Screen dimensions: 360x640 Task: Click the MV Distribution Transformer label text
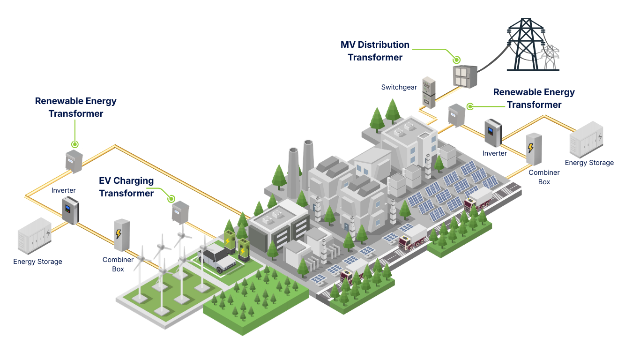pyautogui.click(x=375, y=51)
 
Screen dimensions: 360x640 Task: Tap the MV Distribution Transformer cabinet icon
pyautogui.click(x=464, y=75)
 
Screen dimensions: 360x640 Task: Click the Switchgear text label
pyautogui.click(x=399, y=87)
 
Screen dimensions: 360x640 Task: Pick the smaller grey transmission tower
pyautogui.click(x=551, y=57)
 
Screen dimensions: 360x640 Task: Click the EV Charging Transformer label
pyautogui.click(x=127, y=187)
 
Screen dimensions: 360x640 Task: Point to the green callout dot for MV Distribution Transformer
pyautogui.click(x=456, y=60)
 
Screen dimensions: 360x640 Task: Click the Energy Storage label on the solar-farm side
pyautogui.click(x=589, y=163)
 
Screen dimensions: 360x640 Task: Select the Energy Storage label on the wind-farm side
pyautogui.click(x=37, y=262)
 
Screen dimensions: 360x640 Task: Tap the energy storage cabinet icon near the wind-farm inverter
pyautogui.click(x=34, y=235)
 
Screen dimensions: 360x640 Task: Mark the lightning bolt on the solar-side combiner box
pyautogui.click(x=530, y=148)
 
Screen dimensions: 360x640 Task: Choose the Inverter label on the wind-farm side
pyautogui.click(x=63, y=191)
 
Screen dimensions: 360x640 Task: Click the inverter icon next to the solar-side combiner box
pyautogui.click(x=492, y=133)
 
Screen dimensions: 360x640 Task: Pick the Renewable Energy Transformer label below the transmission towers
pyautogui.click(x=534, y=98)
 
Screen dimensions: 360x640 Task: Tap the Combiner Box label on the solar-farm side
pyautogui.click(x=543, y=177)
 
